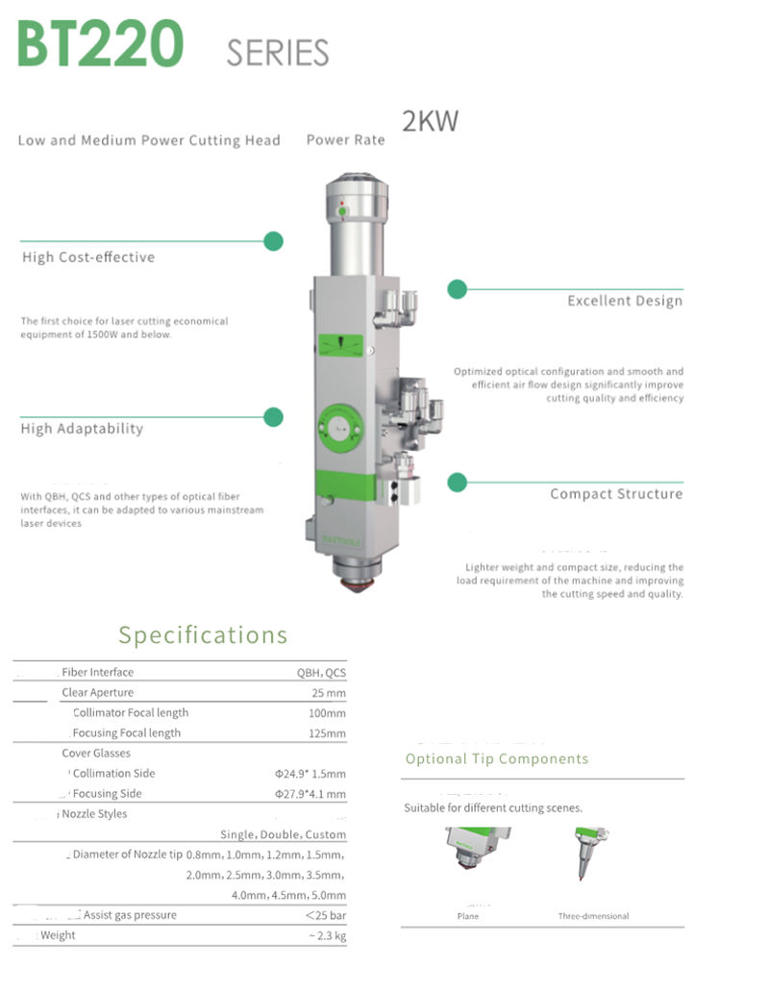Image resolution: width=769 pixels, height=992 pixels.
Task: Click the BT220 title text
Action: click(x=100, y=43)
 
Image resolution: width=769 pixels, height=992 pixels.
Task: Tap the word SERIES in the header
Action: click(x=278, y=53)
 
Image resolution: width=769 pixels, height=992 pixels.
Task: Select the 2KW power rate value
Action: click(x=430, y=122)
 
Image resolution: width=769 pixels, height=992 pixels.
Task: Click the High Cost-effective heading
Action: click(x=88, y=258)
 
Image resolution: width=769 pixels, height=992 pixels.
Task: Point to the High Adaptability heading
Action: click(x=82, y=429)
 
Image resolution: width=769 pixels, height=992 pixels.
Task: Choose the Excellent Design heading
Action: click(x=624, y=301)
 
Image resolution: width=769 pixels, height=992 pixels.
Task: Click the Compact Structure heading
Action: click(x=616, y=494)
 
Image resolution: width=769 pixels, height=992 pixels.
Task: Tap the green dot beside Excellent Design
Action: click(x=457, y=288)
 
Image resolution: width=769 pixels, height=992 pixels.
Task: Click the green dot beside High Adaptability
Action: click(x=274, y=417)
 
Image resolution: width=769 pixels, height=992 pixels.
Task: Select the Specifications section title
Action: click(x=203, y=635)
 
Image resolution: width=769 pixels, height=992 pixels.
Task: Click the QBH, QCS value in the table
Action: click(x=321, y=673)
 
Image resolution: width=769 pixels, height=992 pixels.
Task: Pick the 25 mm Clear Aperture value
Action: click(x=329, y=693)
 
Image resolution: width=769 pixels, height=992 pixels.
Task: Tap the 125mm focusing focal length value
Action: click(x=326, y=733)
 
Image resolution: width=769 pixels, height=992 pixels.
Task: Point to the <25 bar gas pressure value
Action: click(x=325, y=915)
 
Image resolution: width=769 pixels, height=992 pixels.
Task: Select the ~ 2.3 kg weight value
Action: click(x=327, y=935)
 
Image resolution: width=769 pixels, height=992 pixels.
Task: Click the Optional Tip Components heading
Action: click(x=497, y=759)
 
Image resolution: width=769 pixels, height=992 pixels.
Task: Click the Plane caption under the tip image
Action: click(x=468, y=916)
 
